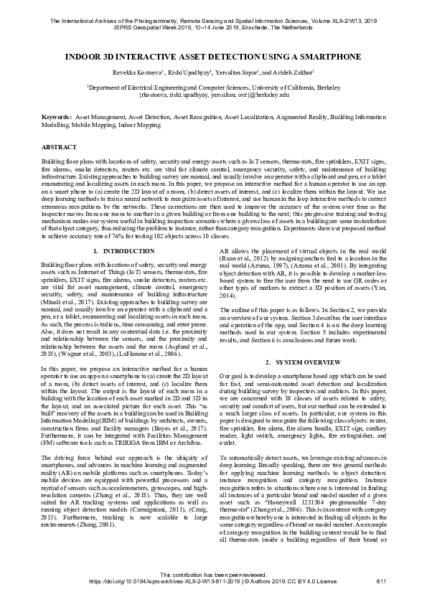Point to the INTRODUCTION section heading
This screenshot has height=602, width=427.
tap(124, 250)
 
